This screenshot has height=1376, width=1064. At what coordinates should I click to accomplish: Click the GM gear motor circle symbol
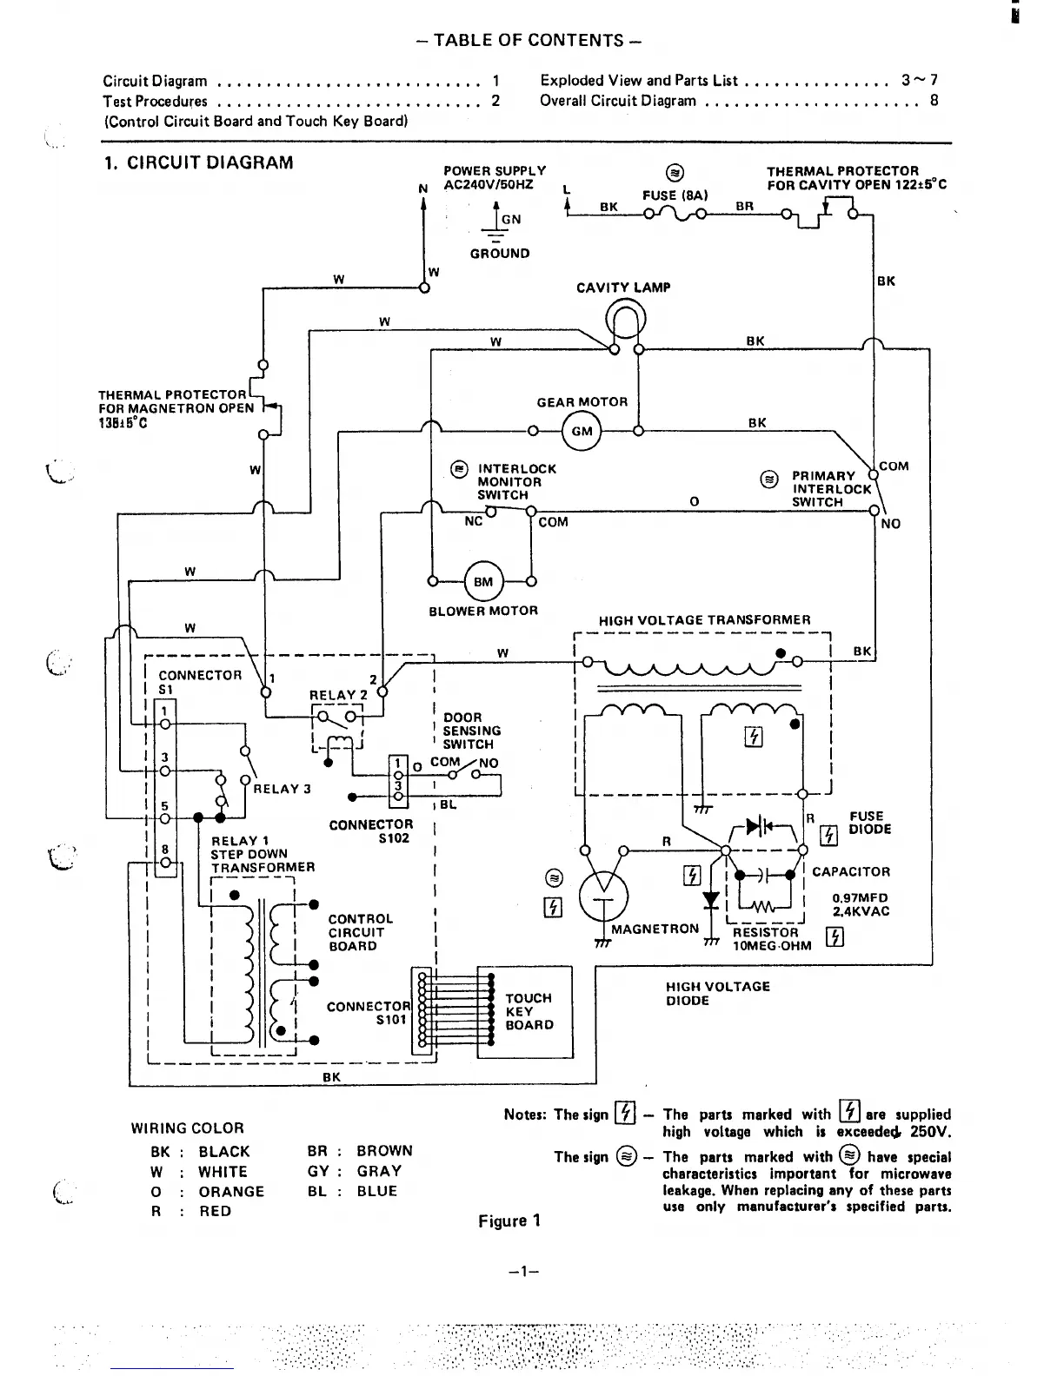coord(582,431)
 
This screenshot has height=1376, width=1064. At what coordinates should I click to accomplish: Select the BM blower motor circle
coord(482,582)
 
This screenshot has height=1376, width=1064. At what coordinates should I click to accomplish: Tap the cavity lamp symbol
coord(626,320)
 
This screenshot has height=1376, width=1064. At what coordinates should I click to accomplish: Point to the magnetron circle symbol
coord(603,894)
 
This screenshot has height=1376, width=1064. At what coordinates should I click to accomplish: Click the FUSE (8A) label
coord(675,195)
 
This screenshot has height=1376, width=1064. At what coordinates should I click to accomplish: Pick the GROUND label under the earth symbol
coord(500,254)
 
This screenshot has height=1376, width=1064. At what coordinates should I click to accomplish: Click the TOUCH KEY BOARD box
coord(525,1012)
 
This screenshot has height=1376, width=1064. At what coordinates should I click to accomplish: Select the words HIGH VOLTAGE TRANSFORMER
coord(704,620)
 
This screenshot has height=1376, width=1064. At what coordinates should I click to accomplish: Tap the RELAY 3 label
coord(282,789)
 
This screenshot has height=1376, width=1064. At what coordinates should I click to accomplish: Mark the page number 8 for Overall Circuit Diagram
coord(934,100)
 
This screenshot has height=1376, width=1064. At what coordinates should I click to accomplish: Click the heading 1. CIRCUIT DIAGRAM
coord(198,162)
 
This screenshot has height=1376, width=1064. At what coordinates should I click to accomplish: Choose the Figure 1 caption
coord(509,1221)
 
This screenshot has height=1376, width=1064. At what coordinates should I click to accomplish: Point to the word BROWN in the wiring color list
coord(384,1151)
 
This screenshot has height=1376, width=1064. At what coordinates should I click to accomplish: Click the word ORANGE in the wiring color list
coord(231,1192)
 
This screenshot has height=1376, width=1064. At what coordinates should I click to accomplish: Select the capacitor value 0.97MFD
coord(860,898)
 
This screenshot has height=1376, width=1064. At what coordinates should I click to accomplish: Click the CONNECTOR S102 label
coord(371,831)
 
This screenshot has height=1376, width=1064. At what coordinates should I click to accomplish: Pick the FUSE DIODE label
coord(866,823)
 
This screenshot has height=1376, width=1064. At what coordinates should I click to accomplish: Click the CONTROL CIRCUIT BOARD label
coord(360,932)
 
